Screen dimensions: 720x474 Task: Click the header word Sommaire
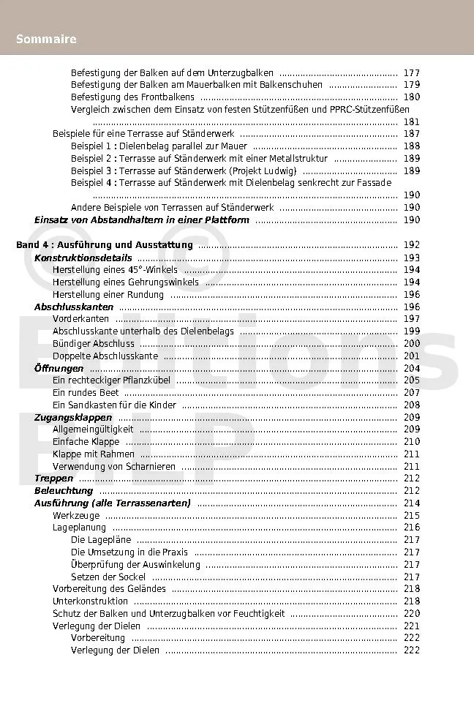pos(46,39)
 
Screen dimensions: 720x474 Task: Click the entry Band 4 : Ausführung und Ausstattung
pos(104,245)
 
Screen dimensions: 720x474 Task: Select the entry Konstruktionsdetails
pos(83,258)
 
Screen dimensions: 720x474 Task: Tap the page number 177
pos(411,73)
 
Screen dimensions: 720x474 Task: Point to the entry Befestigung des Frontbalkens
pos(132,97)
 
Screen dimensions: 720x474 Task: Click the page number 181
pos(411,122)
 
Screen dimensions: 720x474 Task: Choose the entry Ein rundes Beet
pos(86,393)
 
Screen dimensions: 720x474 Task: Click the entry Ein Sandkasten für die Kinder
pos(114,405)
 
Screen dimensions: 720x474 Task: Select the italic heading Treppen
pos(53,479)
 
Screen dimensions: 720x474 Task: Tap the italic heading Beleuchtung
pos(64,491)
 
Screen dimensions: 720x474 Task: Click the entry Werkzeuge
pos(75,516)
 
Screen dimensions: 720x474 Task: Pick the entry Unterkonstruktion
pos(90,601)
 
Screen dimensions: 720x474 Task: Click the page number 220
pos(411,613)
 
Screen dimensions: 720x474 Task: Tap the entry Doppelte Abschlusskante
pos(105,356)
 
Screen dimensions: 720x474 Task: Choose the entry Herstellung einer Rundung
pos(108,294)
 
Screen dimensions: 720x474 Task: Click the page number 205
pos(411,380)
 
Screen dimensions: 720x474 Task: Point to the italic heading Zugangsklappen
pos(73,417)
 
